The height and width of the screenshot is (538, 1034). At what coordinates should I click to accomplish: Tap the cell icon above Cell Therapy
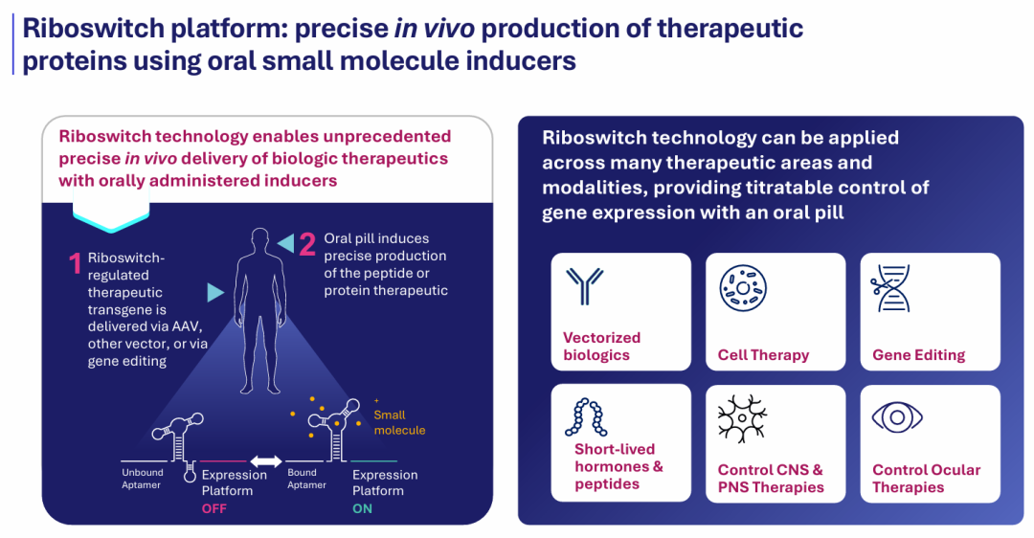743,288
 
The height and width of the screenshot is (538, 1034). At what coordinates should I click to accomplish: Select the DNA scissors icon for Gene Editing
890,288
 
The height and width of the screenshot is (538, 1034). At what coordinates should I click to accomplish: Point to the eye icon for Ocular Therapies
897,416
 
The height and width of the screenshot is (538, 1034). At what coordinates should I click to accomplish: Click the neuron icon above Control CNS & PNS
743,418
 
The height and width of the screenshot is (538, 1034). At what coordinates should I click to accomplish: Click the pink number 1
76,263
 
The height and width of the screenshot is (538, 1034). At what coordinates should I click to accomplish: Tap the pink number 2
307,244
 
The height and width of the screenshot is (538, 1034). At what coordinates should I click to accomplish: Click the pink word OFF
214,508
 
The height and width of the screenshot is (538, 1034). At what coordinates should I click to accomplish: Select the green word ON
362,508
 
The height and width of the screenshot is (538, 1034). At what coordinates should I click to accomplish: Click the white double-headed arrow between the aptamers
266,461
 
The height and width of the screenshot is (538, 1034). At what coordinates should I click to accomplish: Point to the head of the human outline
259,240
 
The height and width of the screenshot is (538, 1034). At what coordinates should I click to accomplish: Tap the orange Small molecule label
399,422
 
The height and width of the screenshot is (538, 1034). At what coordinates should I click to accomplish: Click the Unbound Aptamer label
142,479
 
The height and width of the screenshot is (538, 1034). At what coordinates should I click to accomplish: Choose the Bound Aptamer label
306,479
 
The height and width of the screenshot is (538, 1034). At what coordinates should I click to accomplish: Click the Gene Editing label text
918,355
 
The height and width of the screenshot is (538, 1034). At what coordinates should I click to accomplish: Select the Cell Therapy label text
764,355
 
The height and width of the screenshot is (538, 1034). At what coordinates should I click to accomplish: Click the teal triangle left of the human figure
215,292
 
